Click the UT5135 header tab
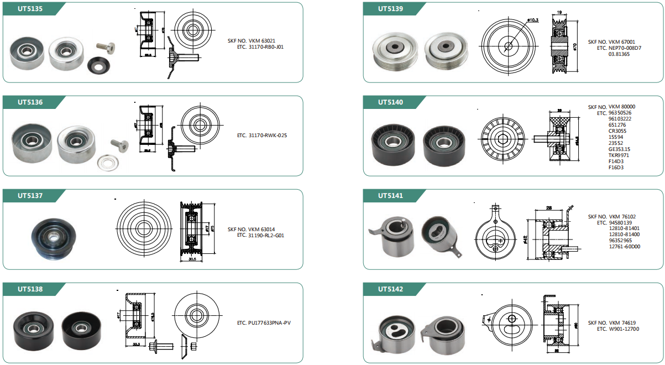pyautogui.click(x=30, y=9)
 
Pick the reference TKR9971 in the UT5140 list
pyautogui.click(x=619, y=155)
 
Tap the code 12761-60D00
pyautogui.click(x=624, y=247)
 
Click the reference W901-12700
pyautogui.click(x=624, y=329)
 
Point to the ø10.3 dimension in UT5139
pyautogui.click(x=533, y=20)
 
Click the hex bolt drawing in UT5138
pyautogui.click(x=160, y=346)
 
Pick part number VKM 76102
pyautogui.click(x=622, y=217)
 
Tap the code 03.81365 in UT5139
pyautogui.click(x=619, y=54)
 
